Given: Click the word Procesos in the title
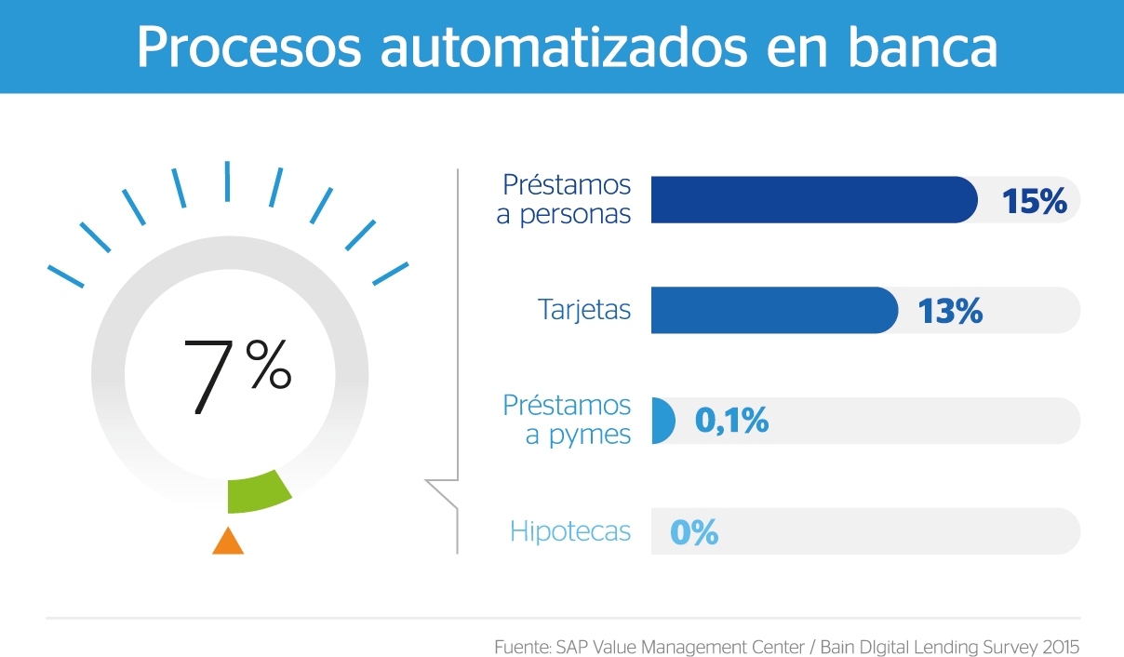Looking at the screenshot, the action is (x=248, y=47).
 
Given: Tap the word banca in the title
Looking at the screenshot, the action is (x=922, y=47).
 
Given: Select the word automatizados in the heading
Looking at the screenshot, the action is (x=564, y=47).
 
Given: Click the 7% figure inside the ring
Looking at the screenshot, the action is (x=237, y=377).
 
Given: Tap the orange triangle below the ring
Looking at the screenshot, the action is (x=228, y=541).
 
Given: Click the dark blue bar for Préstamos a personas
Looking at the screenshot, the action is (x=814, y=200).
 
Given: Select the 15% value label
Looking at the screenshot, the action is (x=1034, y=201).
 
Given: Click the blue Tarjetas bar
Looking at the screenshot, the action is (x=774, y=310).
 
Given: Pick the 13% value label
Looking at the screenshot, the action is (x=950, y=311).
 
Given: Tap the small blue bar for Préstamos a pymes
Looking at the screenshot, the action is (x=663, y=421).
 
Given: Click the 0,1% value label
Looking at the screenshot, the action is (x=731, y=421).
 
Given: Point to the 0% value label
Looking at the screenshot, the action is (x=694, y=532).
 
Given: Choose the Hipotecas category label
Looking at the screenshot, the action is (x=570, y=531).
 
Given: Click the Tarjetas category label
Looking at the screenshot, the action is (x=584, y=309).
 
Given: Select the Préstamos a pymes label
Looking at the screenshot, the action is (x=567, y=420).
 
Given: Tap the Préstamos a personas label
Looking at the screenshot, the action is (x=564, y=200).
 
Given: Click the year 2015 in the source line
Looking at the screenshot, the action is (x=1061, y=647).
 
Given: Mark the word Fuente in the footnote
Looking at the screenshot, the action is (x=523, y=647).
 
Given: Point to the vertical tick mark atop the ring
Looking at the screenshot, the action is (x=227, y=181).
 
